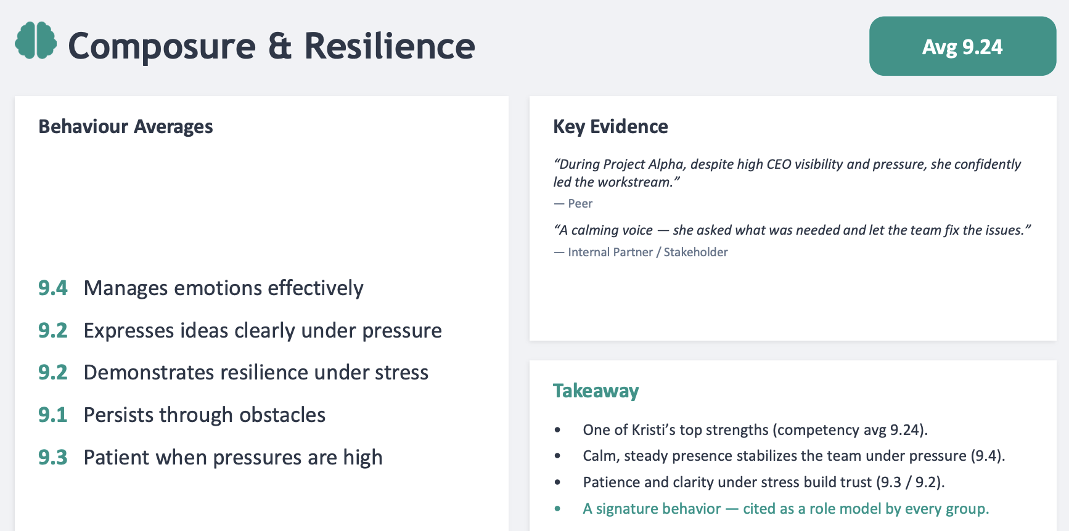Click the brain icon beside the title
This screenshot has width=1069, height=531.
pos(36,41)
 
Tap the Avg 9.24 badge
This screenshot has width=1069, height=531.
pos(962,46)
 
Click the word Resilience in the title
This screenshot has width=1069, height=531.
pos(390,46)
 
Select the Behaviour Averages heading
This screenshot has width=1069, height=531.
pos(126,126)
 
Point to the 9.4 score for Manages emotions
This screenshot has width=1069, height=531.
pos(53,288)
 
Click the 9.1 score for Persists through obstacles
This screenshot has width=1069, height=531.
pos(53,415)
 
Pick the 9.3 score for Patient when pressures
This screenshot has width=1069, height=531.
pos(53,457)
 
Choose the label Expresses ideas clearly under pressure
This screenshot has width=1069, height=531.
pos(263,331)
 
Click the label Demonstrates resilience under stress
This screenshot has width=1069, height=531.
pos(256,373)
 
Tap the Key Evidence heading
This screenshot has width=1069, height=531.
pos(610,126)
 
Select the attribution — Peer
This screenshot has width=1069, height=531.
pos(573,203)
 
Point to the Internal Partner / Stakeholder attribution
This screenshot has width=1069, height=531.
pos(641,252)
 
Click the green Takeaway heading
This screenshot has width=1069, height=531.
pos(596,391)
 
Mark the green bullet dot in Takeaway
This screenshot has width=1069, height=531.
pos(557,509)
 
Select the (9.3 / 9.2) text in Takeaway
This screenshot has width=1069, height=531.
pos(910,482)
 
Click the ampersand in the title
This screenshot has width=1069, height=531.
pos(280,46)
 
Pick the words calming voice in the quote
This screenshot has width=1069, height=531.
pos(612,230)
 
